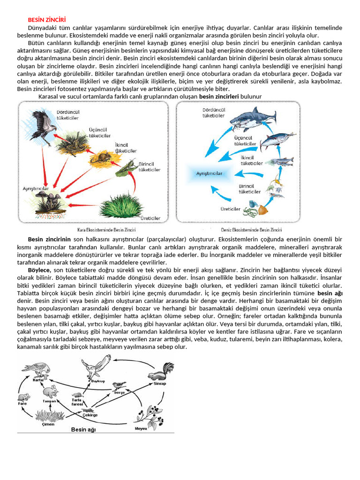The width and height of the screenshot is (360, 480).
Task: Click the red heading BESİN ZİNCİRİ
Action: click(47, 20)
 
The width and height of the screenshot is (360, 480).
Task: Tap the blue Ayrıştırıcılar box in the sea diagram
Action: click(209, 173)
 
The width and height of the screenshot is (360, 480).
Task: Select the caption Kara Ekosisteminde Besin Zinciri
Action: click(106, 230)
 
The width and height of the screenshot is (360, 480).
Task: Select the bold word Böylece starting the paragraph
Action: click(39, 270)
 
